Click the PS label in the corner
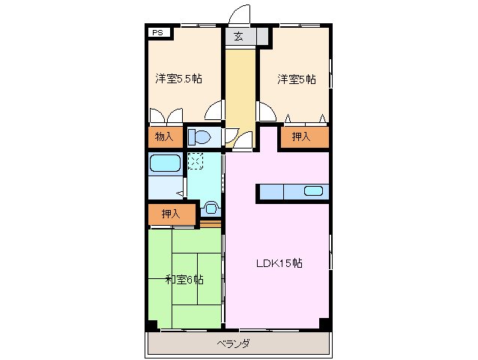pyautogui.click(x=157, y=33)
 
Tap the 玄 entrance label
pyautogui.click(x=238, y=37)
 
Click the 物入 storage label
pyautogui.click(x=164, y=136)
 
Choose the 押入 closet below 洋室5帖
pyautogui.click(x=302, y=136)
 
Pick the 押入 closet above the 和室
pyautogui.click(x=171, y=214)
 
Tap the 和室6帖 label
pyautogui.click(x=184, y=279)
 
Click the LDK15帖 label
pyautogui.click(x=278, y=263)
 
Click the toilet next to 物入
pyautogui.click(x=200, y=136)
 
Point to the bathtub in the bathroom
pyautogui.click(x=165, y=163)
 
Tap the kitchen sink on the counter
pyautogui.click(x=314, y=190)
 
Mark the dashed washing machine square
pyautogui.click(x=196, y=160)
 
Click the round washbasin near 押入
pyautogui.click(x=211, y=207)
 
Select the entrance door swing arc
pyautogui.click(x=240, y=13)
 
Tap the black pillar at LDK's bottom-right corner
pyautogui.click(x=324, y=323)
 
